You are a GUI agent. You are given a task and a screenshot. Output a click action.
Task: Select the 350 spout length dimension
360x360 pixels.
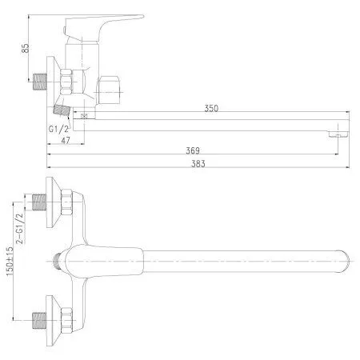pos(211,108)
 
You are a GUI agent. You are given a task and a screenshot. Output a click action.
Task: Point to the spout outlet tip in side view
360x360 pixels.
pos(339,128)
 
